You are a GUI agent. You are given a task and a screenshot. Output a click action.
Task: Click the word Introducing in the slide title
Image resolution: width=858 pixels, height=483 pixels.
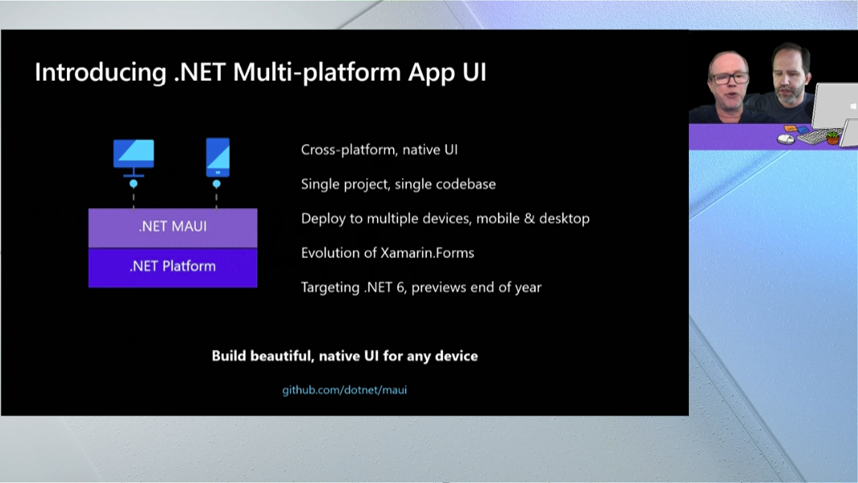100,73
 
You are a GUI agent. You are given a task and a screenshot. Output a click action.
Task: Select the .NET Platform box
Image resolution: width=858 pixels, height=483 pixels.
173,267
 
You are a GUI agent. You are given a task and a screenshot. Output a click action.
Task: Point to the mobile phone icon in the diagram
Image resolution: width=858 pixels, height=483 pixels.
218,157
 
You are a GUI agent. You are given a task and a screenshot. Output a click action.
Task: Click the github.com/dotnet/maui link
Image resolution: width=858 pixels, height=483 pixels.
344,390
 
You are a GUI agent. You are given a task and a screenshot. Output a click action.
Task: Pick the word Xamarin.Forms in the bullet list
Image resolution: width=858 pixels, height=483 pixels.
427,253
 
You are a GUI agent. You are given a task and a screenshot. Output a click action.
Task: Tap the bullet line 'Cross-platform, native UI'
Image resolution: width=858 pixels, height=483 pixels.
379,150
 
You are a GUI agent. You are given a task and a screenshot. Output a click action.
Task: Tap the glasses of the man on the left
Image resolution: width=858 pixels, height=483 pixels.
731,78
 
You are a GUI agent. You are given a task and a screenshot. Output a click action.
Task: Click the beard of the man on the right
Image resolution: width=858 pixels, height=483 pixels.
792,92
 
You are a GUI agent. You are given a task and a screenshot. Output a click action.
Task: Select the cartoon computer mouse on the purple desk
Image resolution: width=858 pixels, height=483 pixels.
785,139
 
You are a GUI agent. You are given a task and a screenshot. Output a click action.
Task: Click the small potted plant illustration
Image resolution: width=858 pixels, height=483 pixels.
833,137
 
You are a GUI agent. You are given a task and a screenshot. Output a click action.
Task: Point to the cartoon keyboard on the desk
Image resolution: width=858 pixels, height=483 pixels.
813,137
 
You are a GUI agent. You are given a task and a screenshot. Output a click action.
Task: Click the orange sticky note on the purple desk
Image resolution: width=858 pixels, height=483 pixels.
790,129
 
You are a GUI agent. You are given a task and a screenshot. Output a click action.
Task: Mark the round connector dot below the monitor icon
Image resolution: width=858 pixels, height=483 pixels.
134,184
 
